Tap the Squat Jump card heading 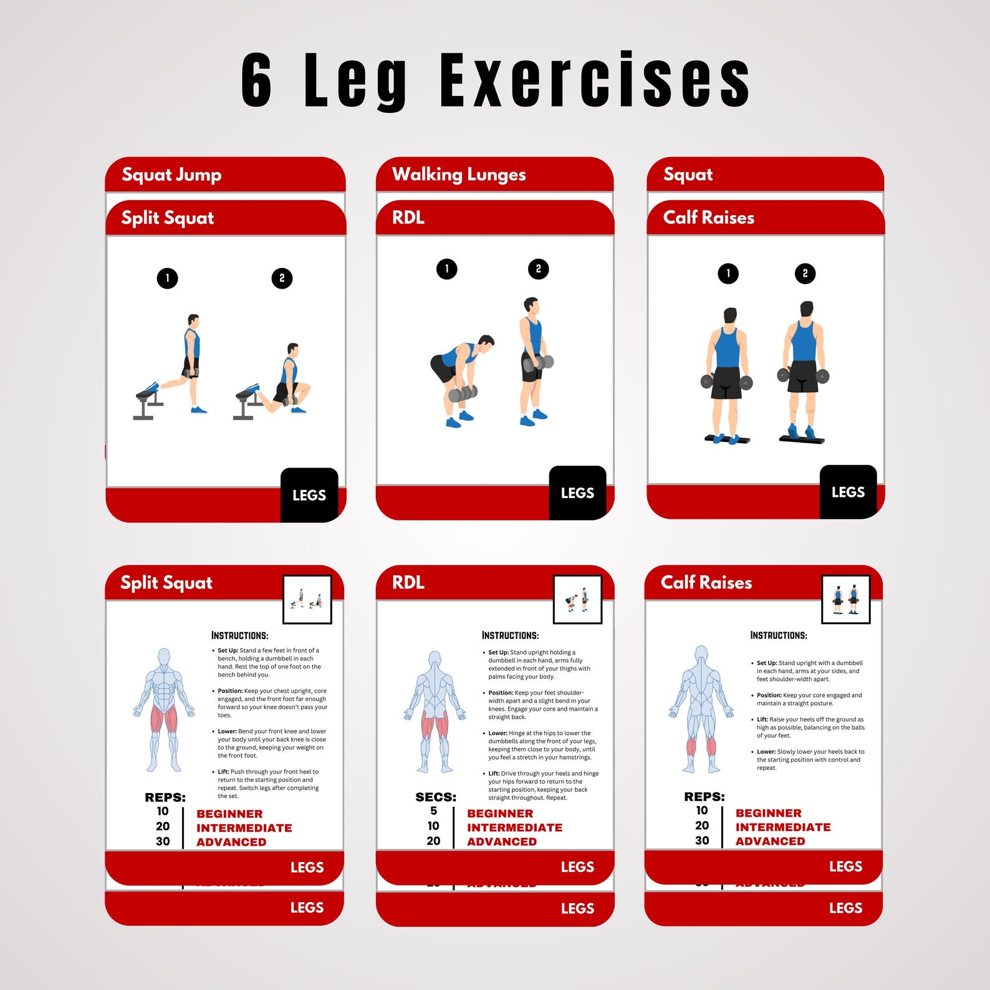(x=171, y=175)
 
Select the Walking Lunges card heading (x=459, y=175)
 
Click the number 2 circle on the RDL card (x=539, y=269)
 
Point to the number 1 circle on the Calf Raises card (x=728, y=273)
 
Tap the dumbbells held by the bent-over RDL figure (x=463, y=393)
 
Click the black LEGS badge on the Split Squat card (x=309, y=495)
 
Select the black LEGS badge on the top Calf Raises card (x=848, y=492)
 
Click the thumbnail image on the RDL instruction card (x=577, y=600)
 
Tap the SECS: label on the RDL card (x=436, y=797)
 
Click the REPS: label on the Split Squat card (x=165, y=797)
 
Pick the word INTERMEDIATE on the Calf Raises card (x=783, y=827)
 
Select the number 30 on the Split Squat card (x=163, y=842)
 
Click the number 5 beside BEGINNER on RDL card (x=433, y=811)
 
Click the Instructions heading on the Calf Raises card (x=778, y=635)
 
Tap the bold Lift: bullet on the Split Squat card (x=223, y=772)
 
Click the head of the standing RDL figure (x=531, y=305)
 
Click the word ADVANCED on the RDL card (x=502, y=842)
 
